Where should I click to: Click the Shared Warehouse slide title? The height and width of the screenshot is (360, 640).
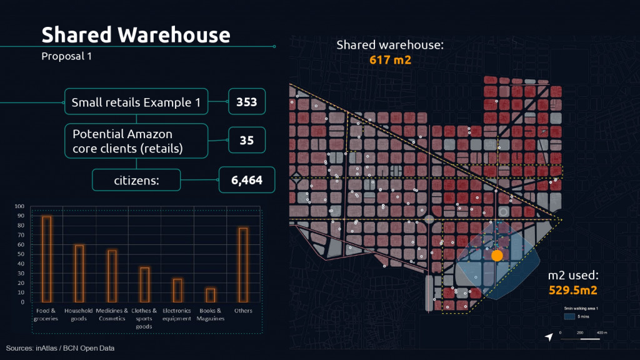[136, 35]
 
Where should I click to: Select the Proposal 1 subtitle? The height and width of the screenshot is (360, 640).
[67, 56]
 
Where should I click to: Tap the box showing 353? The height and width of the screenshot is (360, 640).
[247, 102]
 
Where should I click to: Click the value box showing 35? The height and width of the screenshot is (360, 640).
[247, 141]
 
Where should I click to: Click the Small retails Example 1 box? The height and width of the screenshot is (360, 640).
[136, 102]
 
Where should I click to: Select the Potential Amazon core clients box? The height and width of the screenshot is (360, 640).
[136, 141]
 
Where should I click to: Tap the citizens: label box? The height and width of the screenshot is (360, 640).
[136, 181]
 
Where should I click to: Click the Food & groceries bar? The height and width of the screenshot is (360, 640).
[47, 259]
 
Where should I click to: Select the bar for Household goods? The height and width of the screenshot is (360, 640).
[79, 273]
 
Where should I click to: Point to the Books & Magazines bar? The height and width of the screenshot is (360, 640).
[211, 295]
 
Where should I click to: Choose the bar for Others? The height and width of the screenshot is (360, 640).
[242, 264]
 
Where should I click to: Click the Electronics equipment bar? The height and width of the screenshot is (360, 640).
[177, 290]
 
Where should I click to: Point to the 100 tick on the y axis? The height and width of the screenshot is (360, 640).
[19, 206]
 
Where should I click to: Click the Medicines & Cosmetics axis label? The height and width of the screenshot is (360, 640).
[112, 314]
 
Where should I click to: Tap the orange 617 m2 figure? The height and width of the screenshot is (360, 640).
[390, 60]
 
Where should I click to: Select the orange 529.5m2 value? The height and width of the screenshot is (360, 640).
[573, 290]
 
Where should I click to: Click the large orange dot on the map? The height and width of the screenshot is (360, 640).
[497, 256]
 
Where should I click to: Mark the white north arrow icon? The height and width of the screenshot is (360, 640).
[549, 337]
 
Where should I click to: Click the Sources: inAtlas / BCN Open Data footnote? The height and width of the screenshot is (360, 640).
[61, 348]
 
